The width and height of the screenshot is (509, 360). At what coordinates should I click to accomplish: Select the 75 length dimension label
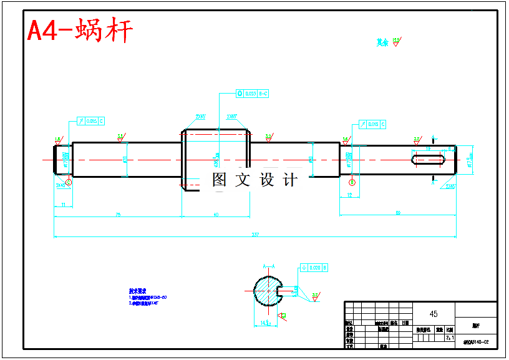tap(117, 215)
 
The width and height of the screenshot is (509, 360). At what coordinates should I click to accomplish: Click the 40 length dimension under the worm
tap(216, 215)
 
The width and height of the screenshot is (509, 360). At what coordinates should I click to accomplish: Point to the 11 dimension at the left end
tap(64, 204)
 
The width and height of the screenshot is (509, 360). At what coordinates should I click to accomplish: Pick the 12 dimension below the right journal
tap(349, 195)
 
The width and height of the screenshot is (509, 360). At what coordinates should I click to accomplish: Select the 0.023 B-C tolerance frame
tap(252, 94)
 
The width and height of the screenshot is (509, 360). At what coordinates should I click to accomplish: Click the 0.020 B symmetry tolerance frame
tap(314, 268)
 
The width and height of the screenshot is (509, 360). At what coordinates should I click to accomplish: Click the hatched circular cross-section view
tap(269, 290)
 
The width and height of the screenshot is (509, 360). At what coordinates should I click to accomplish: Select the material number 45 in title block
tap(434, 313)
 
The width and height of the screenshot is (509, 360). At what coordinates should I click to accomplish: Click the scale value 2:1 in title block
tap(449, 338)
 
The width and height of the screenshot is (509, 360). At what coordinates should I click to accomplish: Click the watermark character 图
tap(219, 180)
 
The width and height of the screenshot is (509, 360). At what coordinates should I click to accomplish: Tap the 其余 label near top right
tap(382, 43)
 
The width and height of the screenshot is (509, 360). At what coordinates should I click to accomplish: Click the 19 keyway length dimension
tap(428, 148)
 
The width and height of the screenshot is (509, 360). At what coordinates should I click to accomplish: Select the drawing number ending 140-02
tap(476, 343)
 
